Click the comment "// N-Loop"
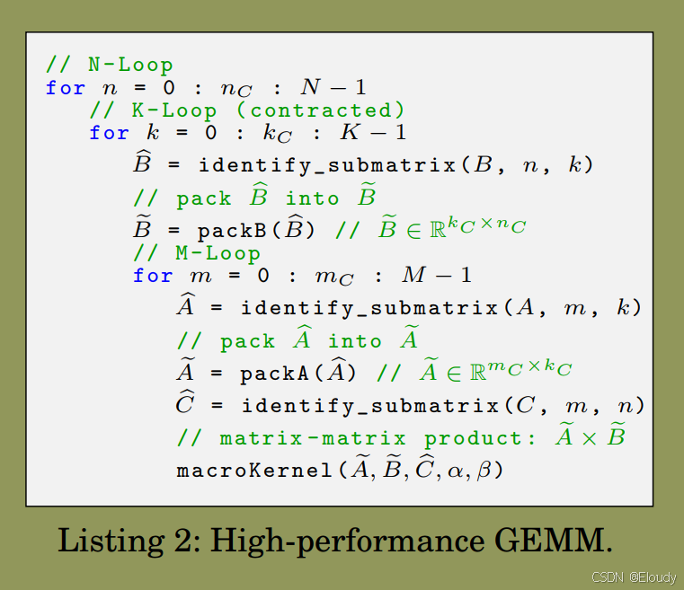click(x=109, y=65)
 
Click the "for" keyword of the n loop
click(x=66, y=88)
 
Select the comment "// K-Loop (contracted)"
click(x=246, y=110)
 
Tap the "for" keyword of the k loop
click(x=109, y=133)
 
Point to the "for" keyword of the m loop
click(x=152, y=276)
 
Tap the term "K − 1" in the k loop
click(x=372, y=133)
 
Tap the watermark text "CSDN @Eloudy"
click(x=625, y=579)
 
